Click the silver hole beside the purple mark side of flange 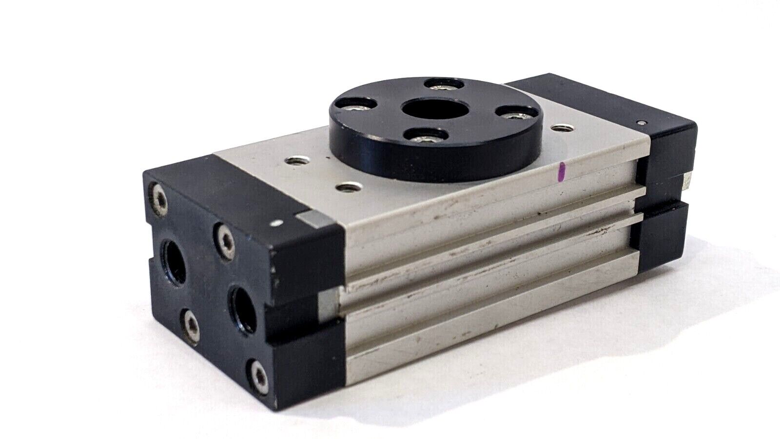click(x=561, y=129)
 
